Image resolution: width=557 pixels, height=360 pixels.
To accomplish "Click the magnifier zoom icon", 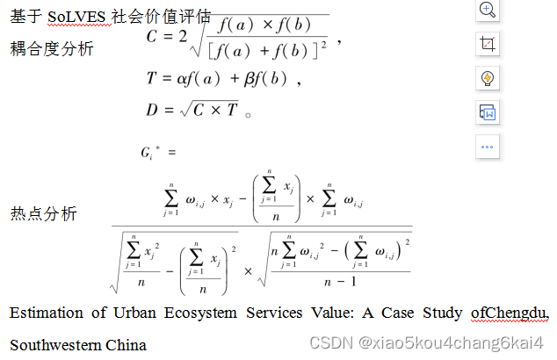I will (x=488, y=11).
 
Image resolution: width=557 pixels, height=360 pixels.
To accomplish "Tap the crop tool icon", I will (x=488, y=44).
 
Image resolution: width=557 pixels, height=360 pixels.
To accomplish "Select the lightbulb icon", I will (x=488, y=78).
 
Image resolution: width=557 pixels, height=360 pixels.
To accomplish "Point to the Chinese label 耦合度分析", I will (x=52, y=49).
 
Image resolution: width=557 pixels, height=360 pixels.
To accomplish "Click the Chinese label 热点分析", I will (x=43, y=214).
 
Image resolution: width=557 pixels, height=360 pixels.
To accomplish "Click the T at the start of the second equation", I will (x=152, y=79).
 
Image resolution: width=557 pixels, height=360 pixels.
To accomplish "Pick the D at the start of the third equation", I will (x=153, y=111).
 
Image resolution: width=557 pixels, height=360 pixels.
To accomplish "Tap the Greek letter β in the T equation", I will (x=250, y=79).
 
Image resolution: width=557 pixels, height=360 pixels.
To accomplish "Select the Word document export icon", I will (x=488, y=112).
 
